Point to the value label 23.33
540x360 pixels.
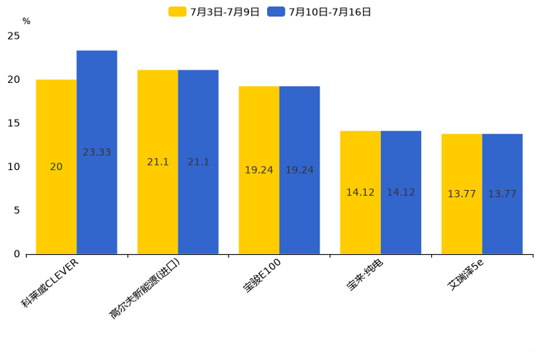[x=97, y=152]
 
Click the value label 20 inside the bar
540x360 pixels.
[x=56, y=167]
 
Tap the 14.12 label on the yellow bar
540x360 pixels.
[x=360, y=192]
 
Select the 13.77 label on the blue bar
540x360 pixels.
[x=502, y=194]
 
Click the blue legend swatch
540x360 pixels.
[x=276, y=12]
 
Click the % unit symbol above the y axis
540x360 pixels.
[x=26, y=21]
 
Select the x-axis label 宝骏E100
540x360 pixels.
[x=263, y=275]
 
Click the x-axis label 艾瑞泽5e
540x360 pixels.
[x=466, y=274]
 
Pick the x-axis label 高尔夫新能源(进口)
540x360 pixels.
[x=145, y=288]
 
